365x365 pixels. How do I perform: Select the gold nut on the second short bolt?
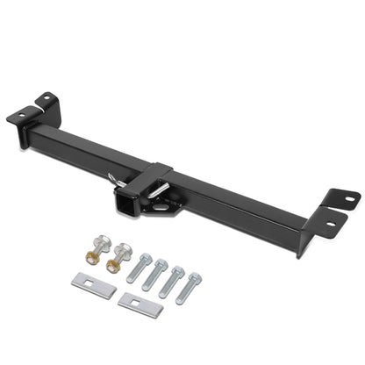click(x=114, y=263)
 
